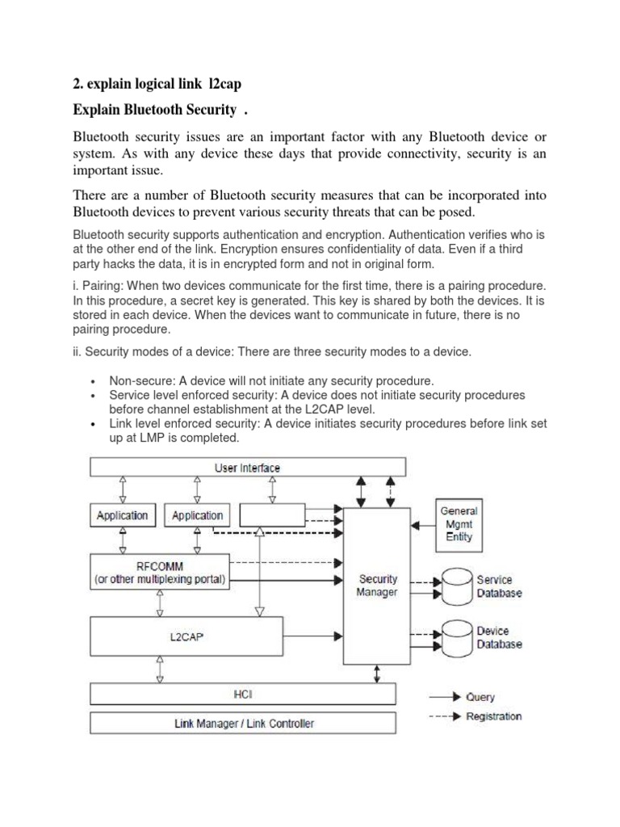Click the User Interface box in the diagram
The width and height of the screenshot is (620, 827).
(x=247, y=468)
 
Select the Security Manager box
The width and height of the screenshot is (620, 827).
(x=377, y=585)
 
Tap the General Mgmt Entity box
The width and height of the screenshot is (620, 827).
(x=458, y=523)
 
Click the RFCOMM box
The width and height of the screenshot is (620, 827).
(x=160, y=573)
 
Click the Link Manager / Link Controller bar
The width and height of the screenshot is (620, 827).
(x=243, y=723)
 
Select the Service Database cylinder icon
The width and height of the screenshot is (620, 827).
(x=456, y=586)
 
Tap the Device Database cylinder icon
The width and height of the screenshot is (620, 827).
(x=456, y=637)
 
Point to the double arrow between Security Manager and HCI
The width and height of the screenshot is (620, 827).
(x=376, y=673)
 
